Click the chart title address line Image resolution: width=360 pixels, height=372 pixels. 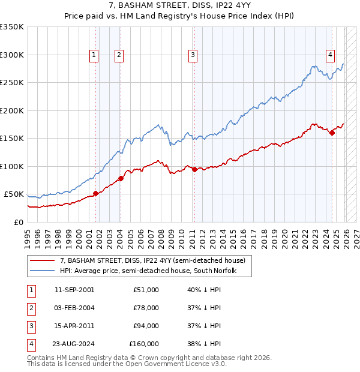pos(180,6)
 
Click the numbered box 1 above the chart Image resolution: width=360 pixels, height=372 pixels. pos(94,55)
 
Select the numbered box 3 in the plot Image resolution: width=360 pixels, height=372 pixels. pos(193,55)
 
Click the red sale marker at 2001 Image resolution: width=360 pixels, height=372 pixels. pos(95,193)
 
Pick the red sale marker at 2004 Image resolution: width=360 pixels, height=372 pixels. pos(121,178)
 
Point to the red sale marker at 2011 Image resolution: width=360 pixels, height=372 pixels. pos(194,169)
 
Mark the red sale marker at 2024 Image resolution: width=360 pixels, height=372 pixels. pos(332,133)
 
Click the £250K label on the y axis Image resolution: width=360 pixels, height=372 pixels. pos(12,83)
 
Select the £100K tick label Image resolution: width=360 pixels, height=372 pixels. pos(12,166)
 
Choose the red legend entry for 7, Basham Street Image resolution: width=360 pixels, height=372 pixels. pos(152,261)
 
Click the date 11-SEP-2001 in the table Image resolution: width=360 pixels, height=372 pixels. pos(74,290)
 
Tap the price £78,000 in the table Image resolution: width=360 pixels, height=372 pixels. pos(146,308)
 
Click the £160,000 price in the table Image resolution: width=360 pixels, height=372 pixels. pos(144,344)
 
